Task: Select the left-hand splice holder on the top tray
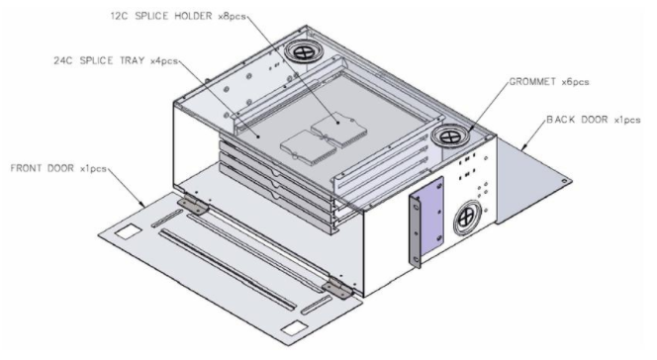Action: coord(304,146)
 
